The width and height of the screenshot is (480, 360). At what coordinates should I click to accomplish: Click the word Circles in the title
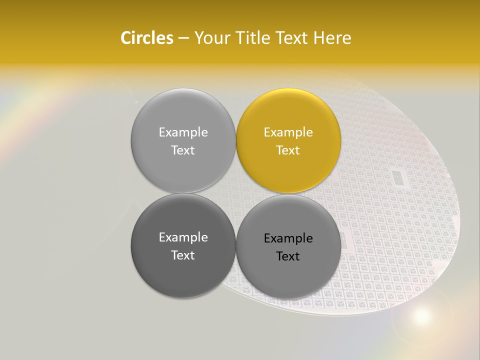pos(146,38)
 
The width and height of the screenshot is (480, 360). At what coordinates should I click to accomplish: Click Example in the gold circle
pos(288,132)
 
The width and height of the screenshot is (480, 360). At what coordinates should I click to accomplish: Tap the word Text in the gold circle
pos(288,150)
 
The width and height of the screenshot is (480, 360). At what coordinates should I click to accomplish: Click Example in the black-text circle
pos(288,238)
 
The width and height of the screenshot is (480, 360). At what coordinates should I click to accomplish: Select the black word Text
pos(288,256)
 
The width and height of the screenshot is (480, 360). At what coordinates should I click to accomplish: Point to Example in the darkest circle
pos(183,237)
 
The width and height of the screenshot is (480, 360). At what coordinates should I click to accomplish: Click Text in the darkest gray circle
pos(183,255)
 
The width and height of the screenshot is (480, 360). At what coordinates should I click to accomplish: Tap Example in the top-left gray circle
pos(183,132)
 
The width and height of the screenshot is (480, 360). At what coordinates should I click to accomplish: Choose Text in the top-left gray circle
pos(183,150)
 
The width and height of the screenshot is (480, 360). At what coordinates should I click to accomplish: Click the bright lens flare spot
pos(421,315)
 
